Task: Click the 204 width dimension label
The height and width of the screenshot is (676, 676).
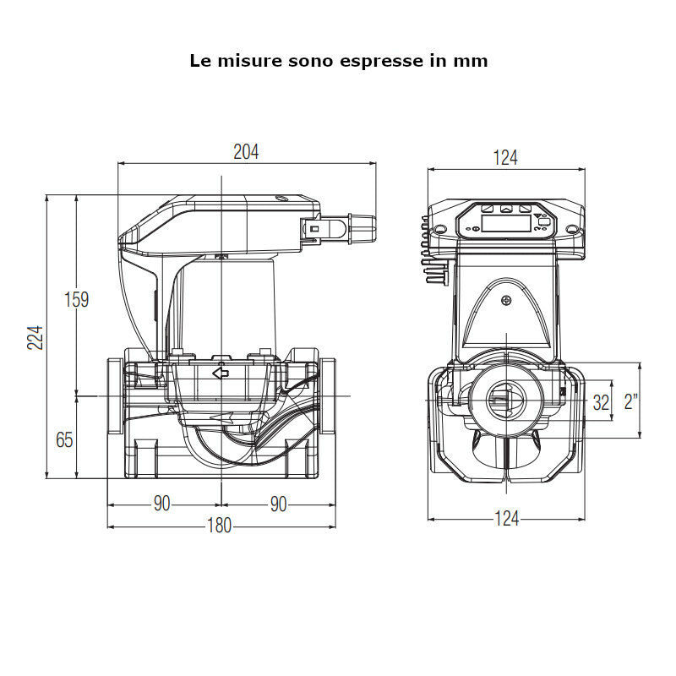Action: pos(246,152)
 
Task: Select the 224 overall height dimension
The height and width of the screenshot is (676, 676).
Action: pos(35,336)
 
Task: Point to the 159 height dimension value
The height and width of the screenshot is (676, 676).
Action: pos(77,299)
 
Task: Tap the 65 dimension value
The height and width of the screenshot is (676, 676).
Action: pos(64,439)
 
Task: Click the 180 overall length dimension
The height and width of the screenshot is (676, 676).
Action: pos(219,526)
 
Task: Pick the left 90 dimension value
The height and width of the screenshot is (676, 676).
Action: pos(161,504)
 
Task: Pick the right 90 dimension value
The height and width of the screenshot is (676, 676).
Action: pos(278,504)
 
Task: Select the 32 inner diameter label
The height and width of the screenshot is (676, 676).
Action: pos(601,402)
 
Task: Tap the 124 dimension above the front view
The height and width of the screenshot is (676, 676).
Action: pos(505,157)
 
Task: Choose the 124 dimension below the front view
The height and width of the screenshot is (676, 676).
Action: pos(505,518)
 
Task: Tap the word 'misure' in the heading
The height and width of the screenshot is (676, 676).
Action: pos(243,61)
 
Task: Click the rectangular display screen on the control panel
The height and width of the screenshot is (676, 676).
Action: pos(505,223)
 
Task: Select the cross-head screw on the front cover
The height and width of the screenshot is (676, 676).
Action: pos(506,301)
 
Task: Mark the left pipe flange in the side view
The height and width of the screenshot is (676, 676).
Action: pos(114,395)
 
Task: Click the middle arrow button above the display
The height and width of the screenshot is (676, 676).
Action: pos(505,208)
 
